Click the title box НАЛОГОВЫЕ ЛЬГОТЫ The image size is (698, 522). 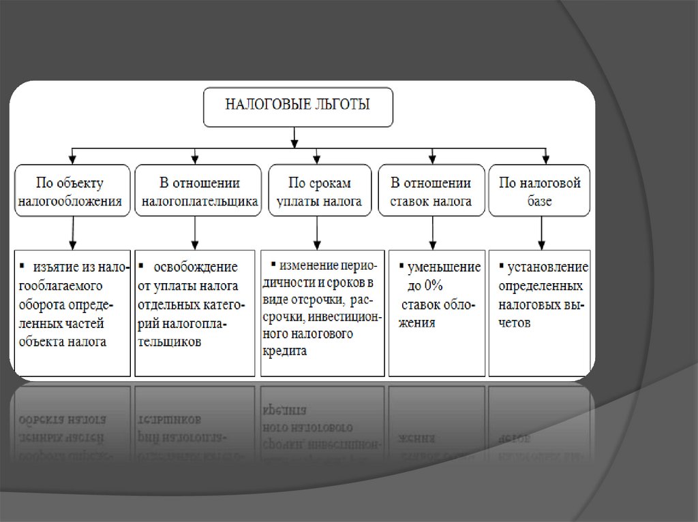click(298, 107)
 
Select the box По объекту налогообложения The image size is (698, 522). click(72, 191)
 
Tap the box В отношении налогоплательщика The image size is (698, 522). click(198, 191)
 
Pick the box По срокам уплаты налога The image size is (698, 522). click(320, 191)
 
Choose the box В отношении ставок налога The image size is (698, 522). click(431, 191)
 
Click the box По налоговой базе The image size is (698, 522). click(539, 191)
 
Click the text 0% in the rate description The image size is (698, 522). click(433, 285)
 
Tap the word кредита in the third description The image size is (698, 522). click(284, 350)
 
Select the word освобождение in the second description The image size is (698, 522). click(196, 267)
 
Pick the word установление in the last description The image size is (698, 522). click(548, 267)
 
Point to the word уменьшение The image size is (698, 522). click(444, 267)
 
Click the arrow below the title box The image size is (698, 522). click(294, 137)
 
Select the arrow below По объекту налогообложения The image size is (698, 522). click(72, 233)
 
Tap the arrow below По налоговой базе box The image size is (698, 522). click(541, 233)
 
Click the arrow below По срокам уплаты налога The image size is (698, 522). click(317, 233)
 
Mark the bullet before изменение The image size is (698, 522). click(273, 265)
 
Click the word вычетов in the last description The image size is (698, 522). click(514, 323)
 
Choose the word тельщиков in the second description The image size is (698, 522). click(169, 342)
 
